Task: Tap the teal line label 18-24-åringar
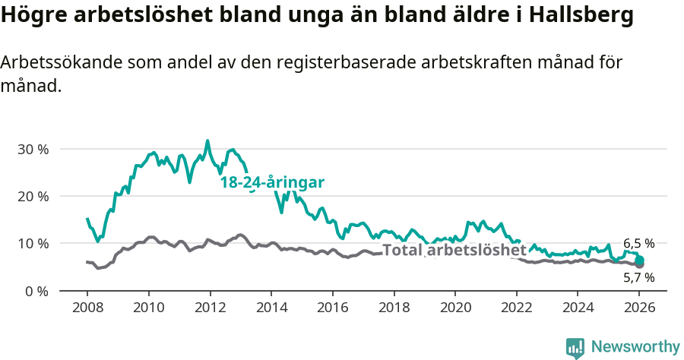[x=272, y=182]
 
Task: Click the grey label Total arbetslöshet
[x=454, y=250]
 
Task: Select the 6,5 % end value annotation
[x=638, y=244]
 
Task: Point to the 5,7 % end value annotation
[x=638, y=278]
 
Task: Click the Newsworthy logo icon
[x=575, y=348]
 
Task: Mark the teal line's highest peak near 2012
[x=207, y=141]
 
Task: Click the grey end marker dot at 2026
[x=640, y=264]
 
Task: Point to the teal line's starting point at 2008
[x=87, y=219]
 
